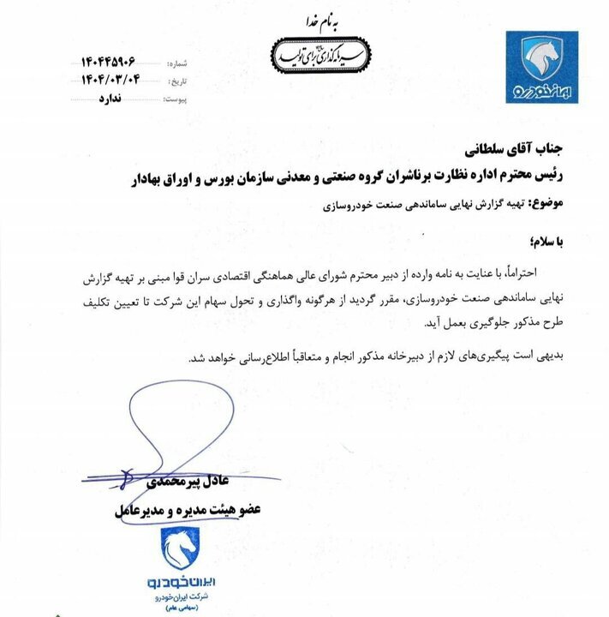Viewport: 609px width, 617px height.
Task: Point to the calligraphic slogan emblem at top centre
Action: (x=313, y=52)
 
